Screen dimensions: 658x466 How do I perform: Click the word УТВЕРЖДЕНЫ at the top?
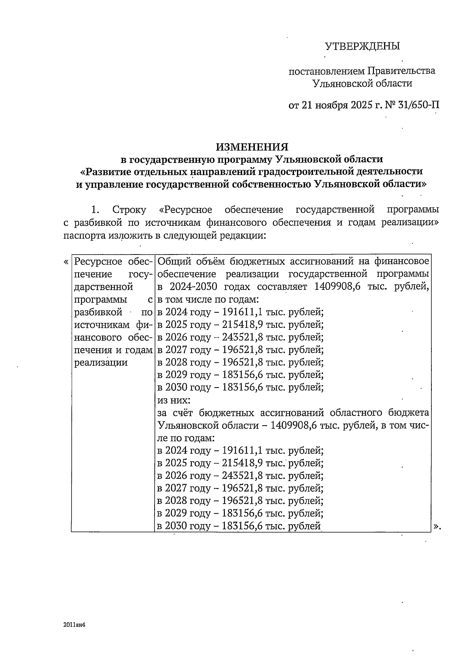[x=362, y=47]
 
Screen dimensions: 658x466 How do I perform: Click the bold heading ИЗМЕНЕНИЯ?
[x=252, y=147]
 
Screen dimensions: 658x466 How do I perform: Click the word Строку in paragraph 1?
[x=129, y=210]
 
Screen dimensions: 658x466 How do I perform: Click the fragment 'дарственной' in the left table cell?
[x=103, y=287]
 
